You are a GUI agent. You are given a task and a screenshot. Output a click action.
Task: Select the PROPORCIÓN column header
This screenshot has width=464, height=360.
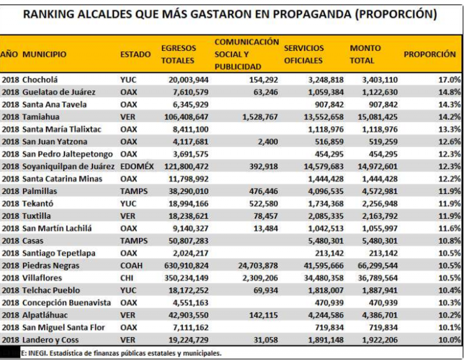[430, 54]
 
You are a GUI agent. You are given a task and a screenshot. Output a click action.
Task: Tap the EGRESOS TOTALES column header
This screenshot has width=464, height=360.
[179, 54]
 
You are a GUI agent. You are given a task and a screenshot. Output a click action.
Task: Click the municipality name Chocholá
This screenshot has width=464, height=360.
[41, 79]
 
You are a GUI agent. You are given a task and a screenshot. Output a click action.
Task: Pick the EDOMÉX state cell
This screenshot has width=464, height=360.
[137, 166]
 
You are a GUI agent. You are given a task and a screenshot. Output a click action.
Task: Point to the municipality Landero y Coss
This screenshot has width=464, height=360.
[50, 340]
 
